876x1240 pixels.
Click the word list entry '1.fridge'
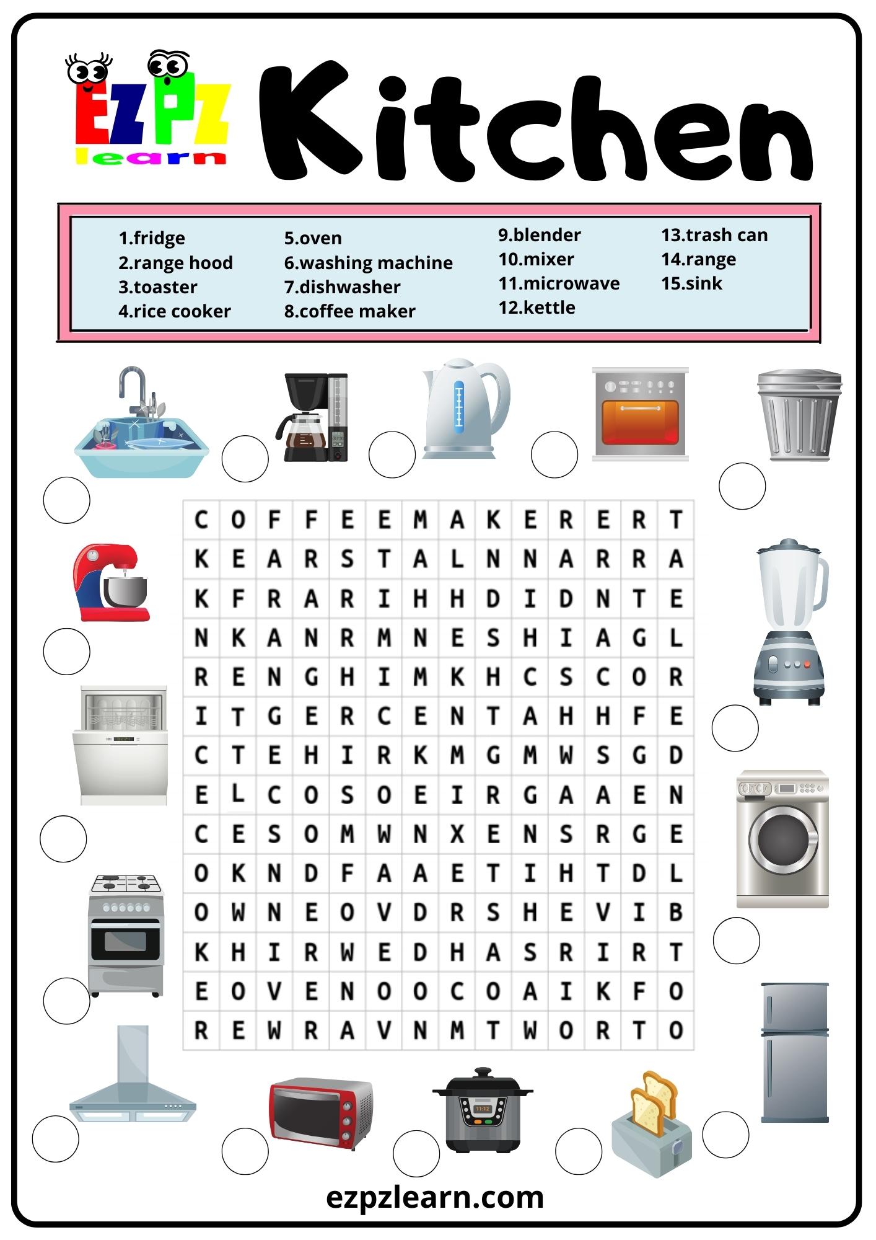(151, 238)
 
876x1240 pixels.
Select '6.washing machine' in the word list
(368, 263)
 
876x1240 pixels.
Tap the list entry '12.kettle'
(537, 308)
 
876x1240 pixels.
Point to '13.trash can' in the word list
(714, 235)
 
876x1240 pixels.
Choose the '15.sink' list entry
(691, 283)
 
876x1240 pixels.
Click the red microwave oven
(320, 1113)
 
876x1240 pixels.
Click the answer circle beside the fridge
(725, 1135)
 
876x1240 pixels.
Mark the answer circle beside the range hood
(55, 1138)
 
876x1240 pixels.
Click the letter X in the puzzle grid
(457, 835)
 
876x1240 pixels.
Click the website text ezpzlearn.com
(435, 1198)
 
